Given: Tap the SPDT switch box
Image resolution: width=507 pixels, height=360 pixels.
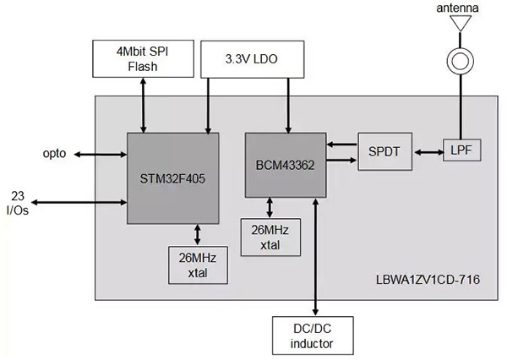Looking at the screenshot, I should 384,152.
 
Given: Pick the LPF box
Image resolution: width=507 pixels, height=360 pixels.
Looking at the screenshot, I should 460,150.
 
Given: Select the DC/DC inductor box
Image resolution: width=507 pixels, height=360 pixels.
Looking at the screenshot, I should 313,335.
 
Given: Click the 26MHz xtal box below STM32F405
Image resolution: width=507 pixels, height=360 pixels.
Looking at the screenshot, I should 197,265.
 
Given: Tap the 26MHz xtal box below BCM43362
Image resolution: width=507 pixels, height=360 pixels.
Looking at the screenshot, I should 270,238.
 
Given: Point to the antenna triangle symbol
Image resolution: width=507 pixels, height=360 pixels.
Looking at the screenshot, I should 460,24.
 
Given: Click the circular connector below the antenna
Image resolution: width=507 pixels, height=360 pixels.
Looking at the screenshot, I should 460,62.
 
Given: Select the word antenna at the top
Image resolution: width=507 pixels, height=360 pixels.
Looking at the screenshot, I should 460,8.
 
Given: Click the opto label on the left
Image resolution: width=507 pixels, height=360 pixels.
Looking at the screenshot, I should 54,154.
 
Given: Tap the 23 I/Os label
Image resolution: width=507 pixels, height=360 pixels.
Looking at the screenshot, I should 19,202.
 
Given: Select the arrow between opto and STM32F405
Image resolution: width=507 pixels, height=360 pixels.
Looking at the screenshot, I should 100,154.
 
